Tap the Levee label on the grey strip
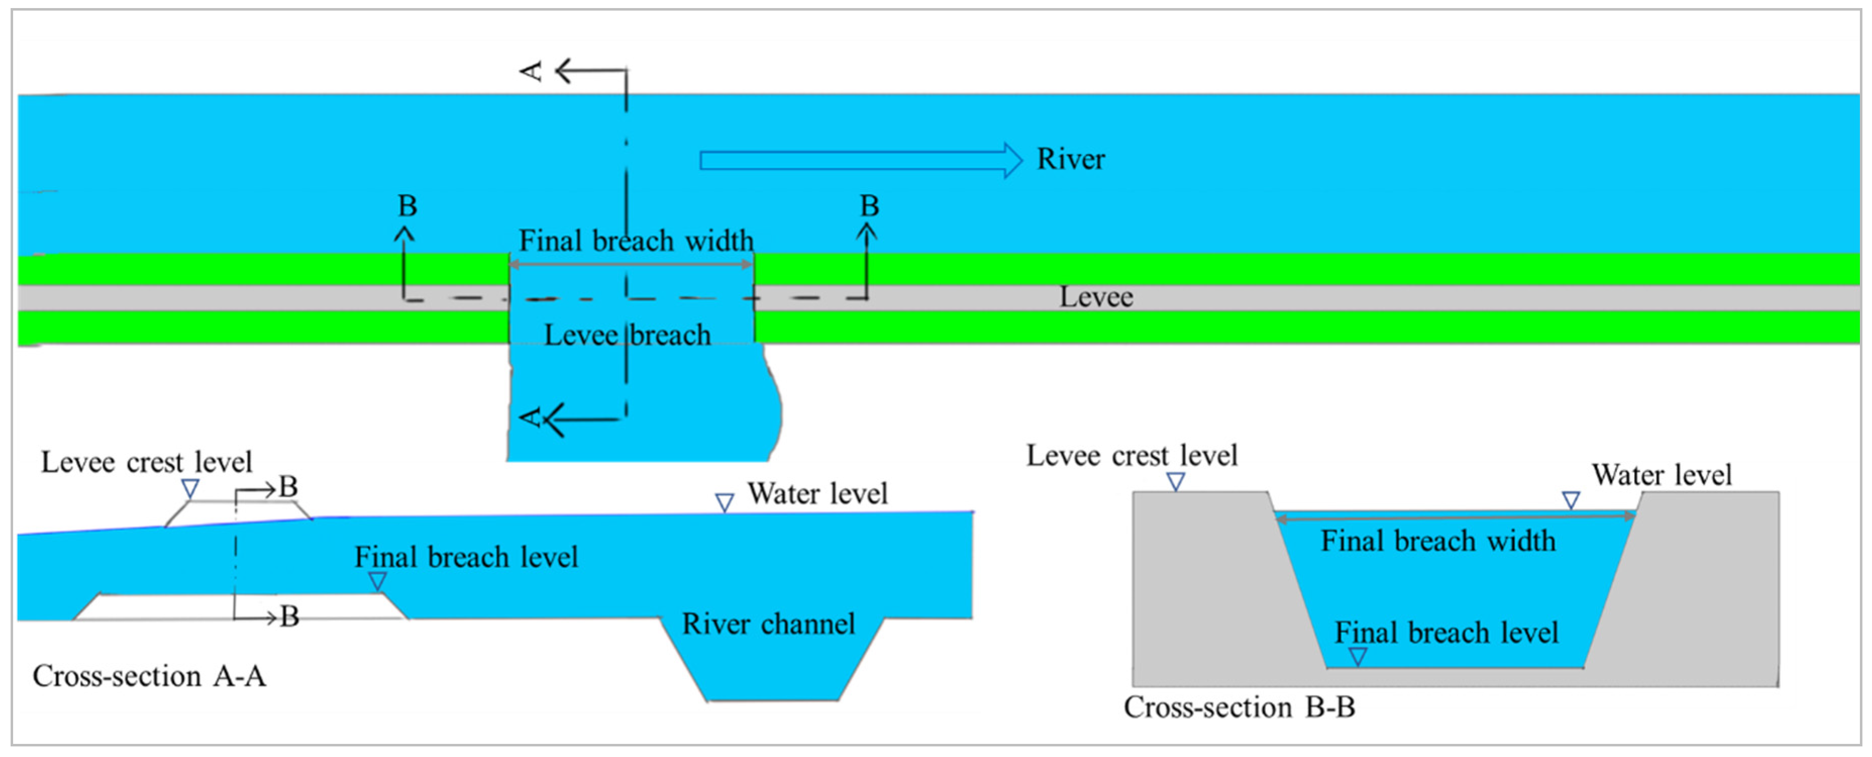[x=1095, y=297]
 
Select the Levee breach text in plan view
[x=627, y=335]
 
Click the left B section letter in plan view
[x=407, y=206]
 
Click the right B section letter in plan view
[x=869, y=206]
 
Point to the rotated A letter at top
[x=532, y=71]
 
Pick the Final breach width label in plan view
[x=636, y=241]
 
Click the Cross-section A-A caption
[x=149, y=676]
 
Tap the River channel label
[x=768, y=623]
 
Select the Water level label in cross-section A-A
[x=818, y=493]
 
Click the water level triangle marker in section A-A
[x=724, y=502]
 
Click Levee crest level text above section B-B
[x=1132, y=455]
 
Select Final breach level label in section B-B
[x=1446, y=632]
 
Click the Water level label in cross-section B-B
[x=1662, y=475]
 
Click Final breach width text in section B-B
[x=1437, y=541]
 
